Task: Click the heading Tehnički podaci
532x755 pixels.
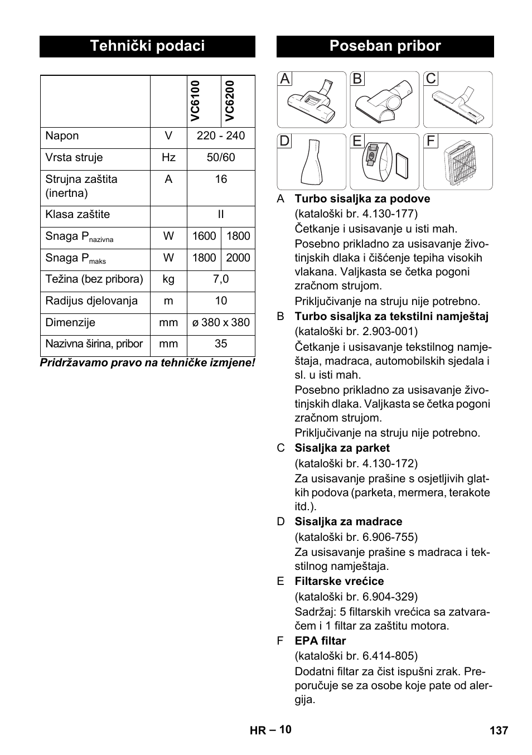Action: (x=147, y=46)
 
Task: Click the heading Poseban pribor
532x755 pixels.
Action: (x=385, y=46)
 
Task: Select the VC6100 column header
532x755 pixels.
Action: (x=195, y=101)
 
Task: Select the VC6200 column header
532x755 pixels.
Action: (x=230, y=101)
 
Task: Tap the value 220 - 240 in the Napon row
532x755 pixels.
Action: (x=221, y=136)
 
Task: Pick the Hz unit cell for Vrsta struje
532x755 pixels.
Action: (x=168, y=158)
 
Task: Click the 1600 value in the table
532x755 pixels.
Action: (x=204, y=236)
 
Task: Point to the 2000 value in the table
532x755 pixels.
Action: (x=238, y=258)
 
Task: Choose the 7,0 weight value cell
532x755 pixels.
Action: (x=221, y=279)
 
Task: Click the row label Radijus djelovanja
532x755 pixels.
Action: (x=91, y=301)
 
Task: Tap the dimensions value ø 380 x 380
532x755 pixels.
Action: (x=221, y=323)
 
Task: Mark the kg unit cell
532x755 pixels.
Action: (x=168, y=279)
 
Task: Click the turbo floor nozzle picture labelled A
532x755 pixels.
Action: (x=312, y=100)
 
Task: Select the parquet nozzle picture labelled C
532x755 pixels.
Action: (x=458, y=100)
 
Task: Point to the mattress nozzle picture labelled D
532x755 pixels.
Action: (x=312, y=162)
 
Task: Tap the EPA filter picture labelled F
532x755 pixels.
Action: (x=458, y=162)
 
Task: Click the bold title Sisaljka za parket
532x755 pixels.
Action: (x=342, y=448)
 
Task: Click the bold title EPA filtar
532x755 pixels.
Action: (x=320, y=641)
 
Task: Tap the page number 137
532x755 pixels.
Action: (x=499, y=730)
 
